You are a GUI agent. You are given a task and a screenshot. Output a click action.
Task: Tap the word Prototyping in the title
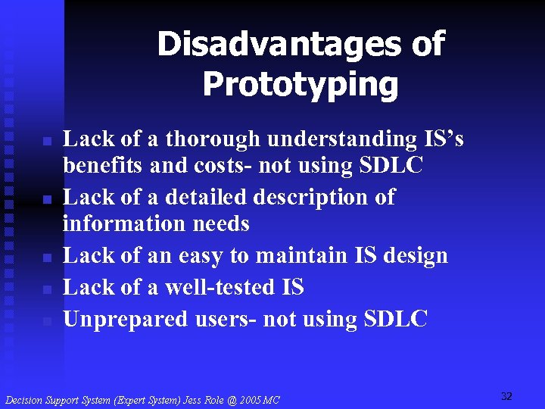pos(300,85)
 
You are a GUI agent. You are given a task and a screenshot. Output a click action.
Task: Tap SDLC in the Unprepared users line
pos(395,320)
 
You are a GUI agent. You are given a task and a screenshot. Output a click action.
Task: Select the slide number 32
pos(506,396)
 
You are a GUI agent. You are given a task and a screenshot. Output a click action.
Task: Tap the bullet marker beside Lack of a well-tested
pos(46,289)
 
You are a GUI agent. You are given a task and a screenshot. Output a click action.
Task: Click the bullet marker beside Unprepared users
pos(46,321)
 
